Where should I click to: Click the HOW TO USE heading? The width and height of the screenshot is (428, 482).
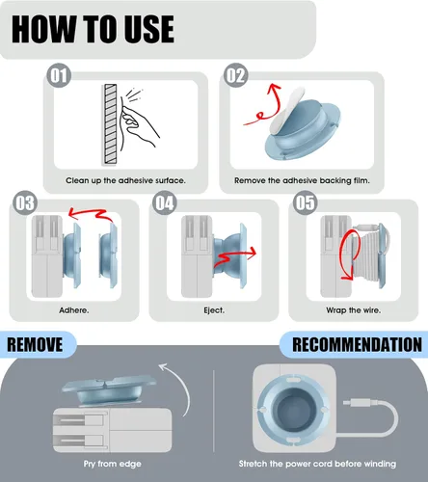point(93,29)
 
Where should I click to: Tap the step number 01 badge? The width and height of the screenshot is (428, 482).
point(59,75)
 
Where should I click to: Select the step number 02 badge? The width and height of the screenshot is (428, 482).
point(235,75)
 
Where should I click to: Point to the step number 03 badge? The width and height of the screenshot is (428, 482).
point(25,202)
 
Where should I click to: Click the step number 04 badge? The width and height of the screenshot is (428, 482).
point(164,202)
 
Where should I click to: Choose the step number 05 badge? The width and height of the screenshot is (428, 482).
point(305,202)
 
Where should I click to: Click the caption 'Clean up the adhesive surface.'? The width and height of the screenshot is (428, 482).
point(125,180)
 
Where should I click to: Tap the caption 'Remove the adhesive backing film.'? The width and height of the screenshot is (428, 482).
point(302,180)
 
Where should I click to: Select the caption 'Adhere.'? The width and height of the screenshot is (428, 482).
point(74,310)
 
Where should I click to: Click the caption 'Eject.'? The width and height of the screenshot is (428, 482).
point(214,310)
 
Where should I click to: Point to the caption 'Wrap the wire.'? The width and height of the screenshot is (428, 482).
point(353,310)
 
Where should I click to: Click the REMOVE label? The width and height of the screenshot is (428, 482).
point(35,344)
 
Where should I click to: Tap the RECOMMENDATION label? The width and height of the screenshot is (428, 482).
point(357,344)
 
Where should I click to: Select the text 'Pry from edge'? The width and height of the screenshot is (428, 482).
point(112,464)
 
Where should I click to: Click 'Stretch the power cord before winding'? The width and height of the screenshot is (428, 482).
point(317,464)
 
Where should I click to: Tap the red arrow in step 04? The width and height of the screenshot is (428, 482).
point(234,257)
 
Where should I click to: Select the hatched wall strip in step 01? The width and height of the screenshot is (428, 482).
point(110,124)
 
